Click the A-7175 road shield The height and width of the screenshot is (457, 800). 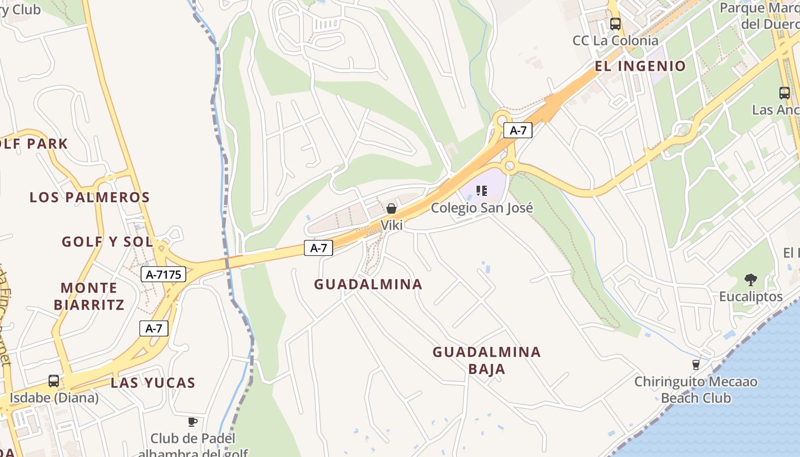[163, 275]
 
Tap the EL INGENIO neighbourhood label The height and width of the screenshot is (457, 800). [640, 66]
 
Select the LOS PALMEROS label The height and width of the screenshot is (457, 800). [90, 198]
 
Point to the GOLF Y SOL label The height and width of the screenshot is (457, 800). [107, 242]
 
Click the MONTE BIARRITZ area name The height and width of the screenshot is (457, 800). [89, 296]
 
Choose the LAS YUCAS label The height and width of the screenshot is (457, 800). [153, 383]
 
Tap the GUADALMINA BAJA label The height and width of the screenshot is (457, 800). [486, 360]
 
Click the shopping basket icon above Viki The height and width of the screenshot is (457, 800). [391, 209]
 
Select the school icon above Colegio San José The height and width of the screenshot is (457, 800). [482, 191]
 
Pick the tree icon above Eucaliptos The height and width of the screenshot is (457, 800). [751, 280]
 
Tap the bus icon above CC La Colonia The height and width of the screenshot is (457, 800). [615, 24]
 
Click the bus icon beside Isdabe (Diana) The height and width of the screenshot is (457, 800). [53, 381]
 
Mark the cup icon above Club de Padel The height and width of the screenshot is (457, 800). [193, 422]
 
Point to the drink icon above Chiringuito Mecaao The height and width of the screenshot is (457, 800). [696, 364]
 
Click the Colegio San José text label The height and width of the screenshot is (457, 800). [482, 207]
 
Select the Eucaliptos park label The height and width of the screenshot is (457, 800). [750, 296]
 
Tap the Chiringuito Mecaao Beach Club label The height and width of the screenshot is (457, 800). [696, 390]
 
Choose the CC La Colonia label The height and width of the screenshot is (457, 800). [615, 41]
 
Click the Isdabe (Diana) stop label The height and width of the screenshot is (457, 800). [55, 398]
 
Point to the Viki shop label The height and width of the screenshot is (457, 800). [392, 225]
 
